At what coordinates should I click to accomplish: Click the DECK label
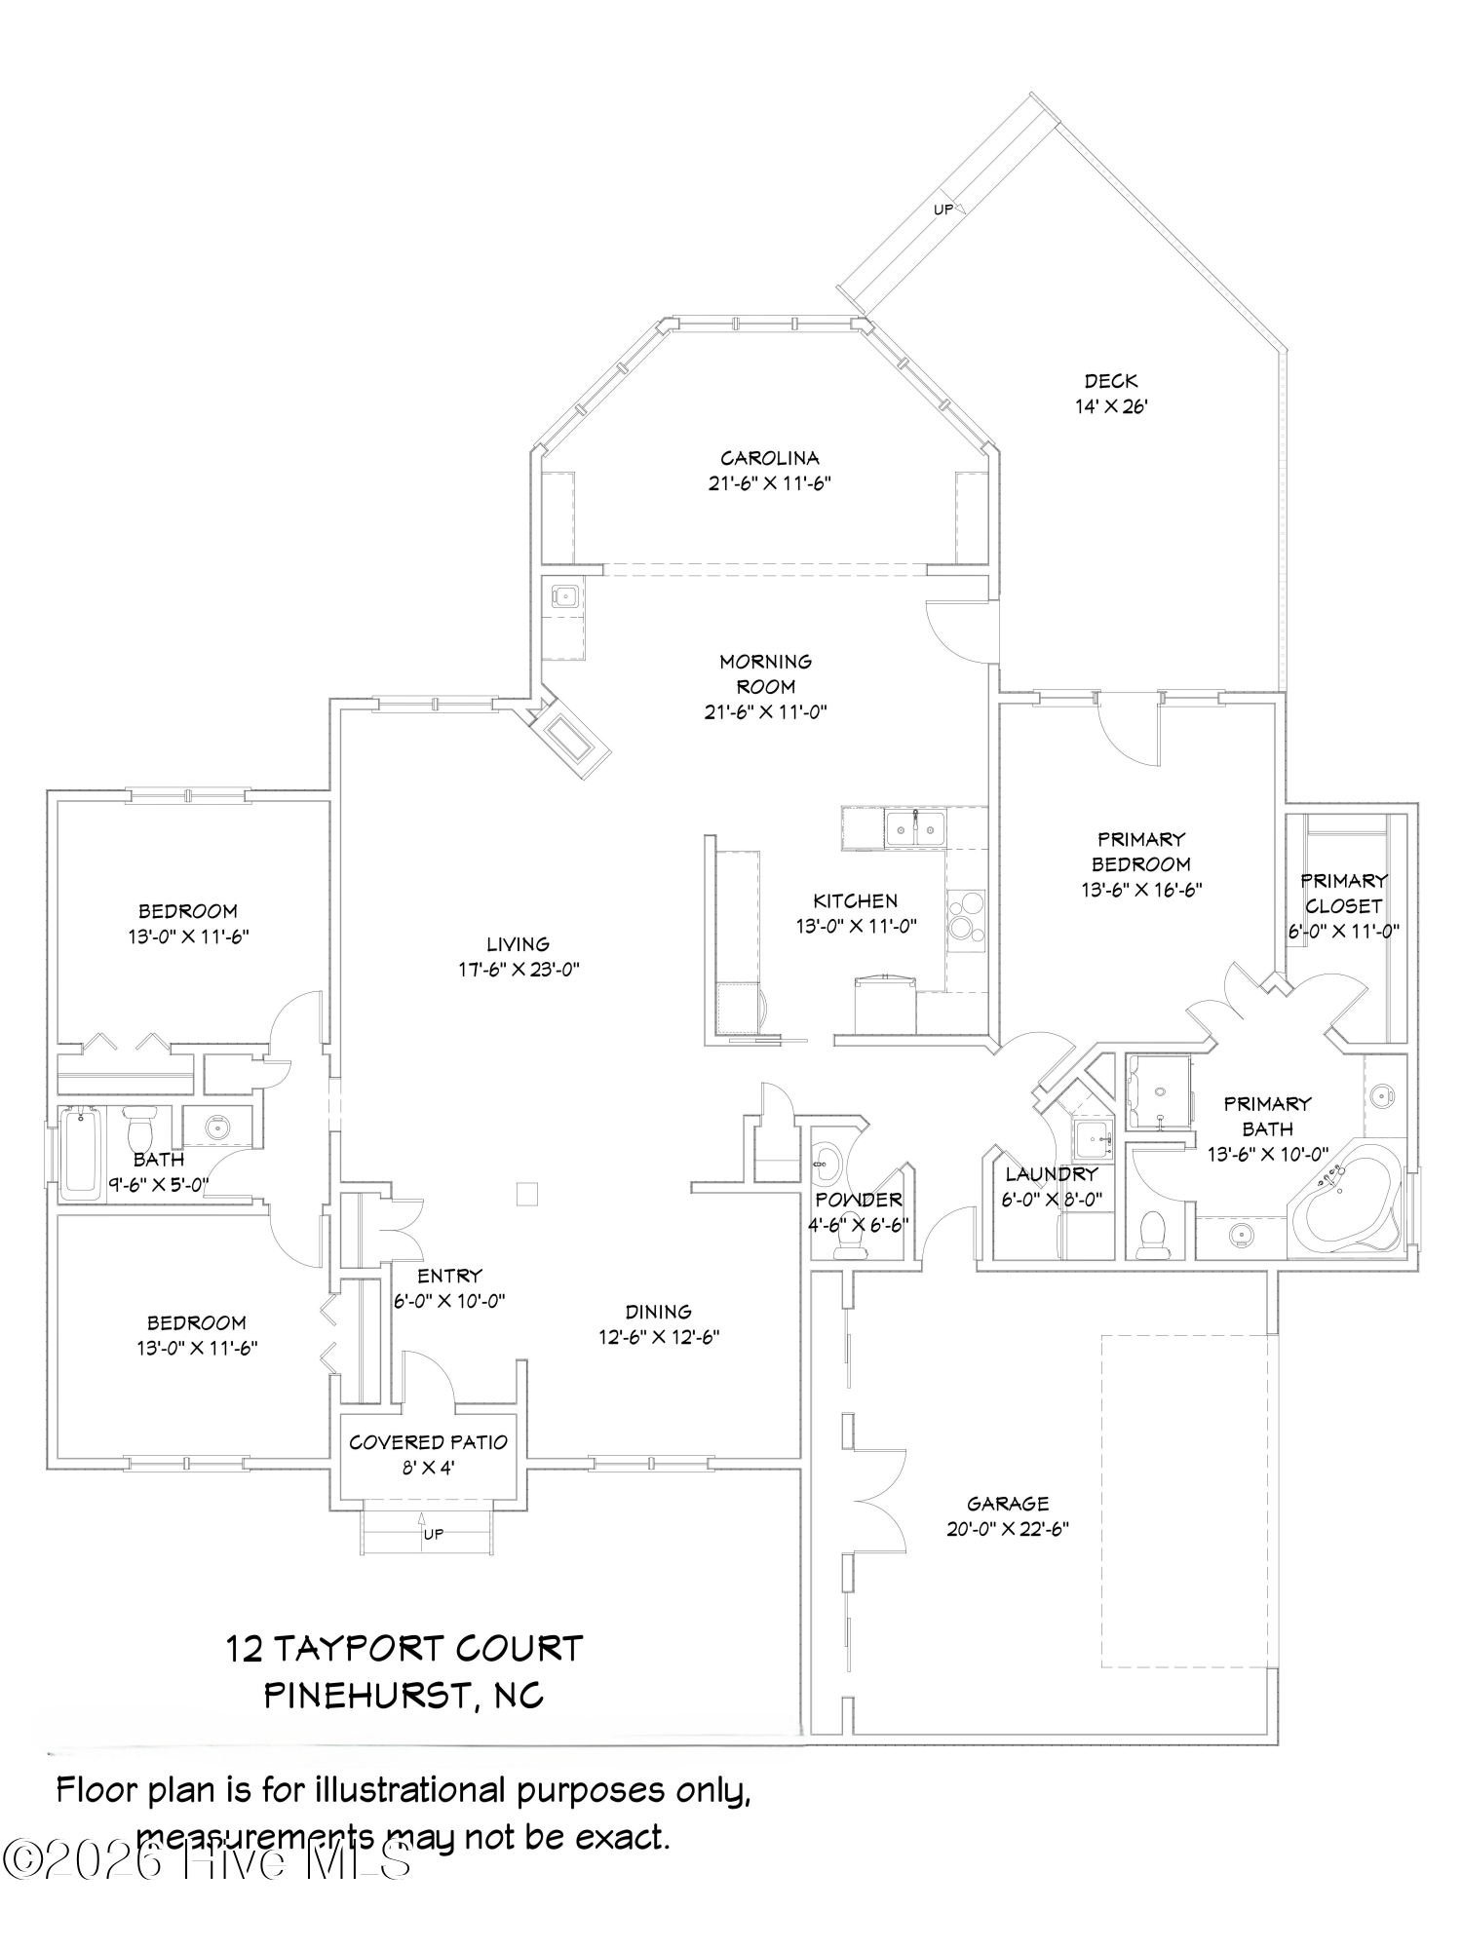1111,381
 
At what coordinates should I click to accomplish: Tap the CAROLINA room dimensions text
769,483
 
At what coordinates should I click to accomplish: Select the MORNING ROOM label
765,673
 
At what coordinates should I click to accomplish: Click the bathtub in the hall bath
80,1154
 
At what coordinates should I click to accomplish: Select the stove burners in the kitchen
965,916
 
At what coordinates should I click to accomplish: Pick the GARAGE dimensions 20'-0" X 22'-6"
1008,1529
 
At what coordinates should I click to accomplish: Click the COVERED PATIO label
429,1442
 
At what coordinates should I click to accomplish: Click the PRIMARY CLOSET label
1343,893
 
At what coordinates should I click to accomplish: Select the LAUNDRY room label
1051,1174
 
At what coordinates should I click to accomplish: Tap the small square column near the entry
526,1194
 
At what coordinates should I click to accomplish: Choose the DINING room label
659,1312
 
